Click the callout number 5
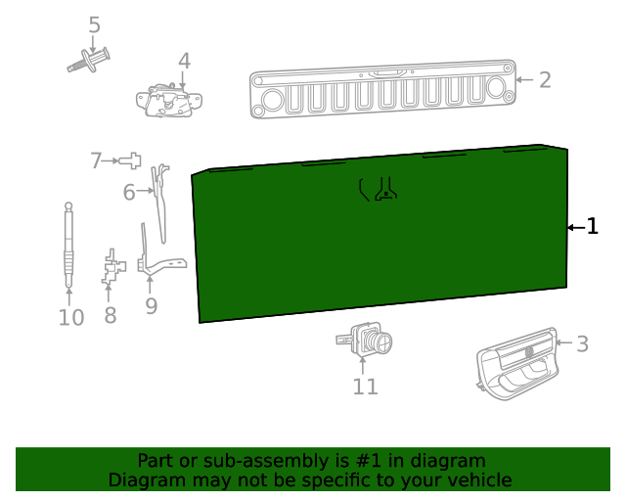point(94,25)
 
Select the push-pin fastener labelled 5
point(88,61)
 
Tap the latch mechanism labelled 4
point(169,100)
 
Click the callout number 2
point(545,80)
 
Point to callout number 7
point(96,160)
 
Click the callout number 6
point(129,192)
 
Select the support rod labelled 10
point(68,245)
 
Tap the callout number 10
point(71,318)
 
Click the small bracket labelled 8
point(113,267)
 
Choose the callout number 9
point(152,306)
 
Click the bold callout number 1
point(593,227)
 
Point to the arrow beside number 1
point(576,228)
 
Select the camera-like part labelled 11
point(364,340)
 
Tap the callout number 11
point(365,387)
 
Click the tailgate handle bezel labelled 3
point(517,364)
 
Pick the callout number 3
point(583,344)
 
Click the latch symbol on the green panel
point(378,189)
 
